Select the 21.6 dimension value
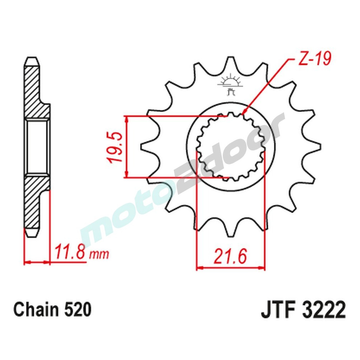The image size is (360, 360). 230,257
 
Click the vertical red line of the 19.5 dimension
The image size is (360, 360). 126,147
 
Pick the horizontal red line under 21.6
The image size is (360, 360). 230,268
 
